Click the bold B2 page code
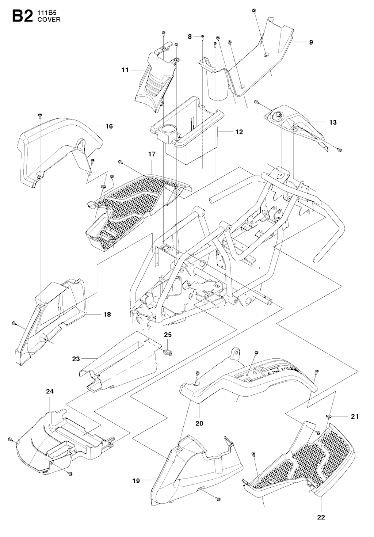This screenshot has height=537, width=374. coord(23,16)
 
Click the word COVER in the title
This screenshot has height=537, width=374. coord(49,20)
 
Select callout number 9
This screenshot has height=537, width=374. coord(311,42)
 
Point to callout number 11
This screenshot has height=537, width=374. coord(125,69)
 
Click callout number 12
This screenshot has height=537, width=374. coord(239,132)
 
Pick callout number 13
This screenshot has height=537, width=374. coord(333,122)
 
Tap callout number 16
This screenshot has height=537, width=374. coord(109,126)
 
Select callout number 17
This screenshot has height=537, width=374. coord(152,154)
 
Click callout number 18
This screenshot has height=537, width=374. coord(107,314)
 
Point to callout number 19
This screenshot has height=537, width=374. coord(136,481)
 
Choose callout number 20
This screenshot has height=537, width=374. coord(199,423)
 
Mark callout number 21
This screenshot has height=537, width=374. coord(355,416)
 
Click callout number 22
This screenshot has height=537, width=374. coord(321,517)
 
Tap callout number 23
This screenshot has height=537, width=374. coord(76,359)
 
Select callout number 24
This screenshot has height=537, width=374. coord(50,391)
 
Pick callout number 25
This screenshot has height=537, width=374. coord(168,334)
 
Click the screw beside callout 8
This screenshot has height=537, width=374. coord(202,37)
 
